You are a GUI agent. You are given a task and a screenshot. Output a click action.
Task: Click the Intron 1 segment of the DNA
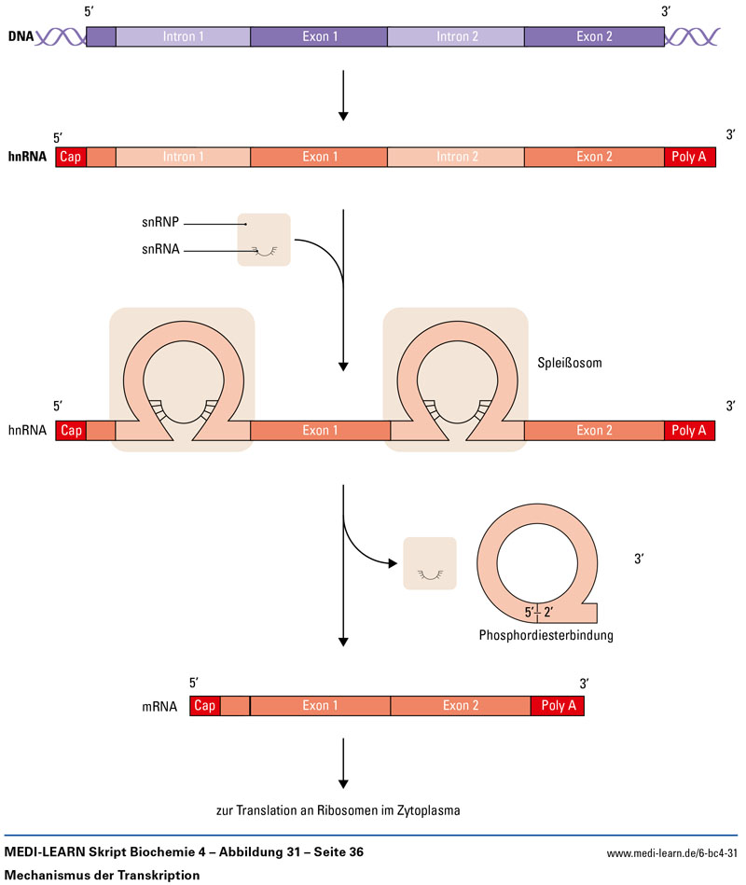(x=183, y=37)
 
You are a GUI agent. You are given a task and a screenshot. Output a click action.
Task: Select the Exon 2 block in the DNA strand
(x=594, y=37)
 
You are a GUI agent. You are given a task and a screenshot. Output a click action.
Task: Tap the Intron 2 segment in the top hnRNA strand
(x=456, y=157)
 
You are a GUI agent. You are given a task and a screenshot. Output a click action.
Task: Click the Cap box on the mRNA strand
(x=205, y=706)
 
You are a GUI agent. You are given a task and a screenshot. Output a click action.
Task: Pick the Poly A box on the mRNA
(x=558, y=706)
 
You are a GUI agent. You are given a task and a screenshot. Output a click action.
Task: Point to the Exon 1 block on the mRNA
(x=320, y=706)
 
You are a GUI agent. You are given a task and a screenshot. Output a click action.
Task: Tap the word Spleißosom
(x=570, y=362)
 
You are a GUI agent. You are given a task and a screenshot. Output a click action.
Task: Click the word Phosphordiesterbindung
(x=546, y=636)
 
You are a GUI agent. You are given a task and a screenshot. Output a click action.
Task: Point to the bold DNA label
(x=21, y=37)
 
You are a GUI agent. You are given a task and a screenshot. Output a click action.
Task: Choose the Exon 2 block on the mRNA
(x=460, y=706)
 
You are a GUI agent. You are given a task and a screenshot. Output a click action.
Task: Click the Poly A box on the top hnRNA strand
(x=689, y=157)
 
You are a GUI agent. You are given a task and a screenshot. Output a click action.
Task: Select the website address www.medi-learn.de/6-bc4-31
(x=671, y=853)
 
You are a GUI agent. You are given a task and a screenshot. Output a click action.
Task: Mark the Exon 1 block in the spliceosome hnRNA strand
(x=320, y=430)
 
